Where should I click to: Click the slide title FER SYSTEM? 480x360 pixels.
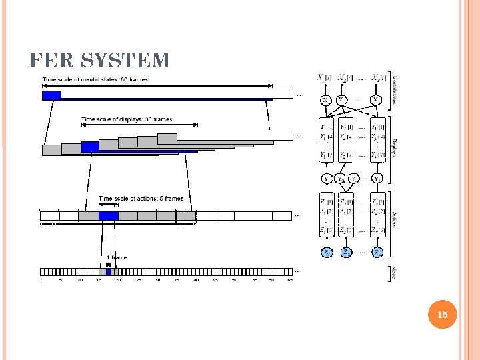click(100, 61)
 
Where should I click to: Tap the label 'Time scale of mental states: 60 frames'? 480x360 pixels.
click(95, 79)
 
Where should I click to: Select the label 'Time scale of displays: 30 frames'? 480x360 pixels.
click(127, 119)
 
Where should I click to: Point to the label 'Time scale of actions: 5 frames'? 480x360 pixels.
click(141, 198)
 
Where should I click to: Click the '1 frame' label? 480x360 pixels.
click(117, 257)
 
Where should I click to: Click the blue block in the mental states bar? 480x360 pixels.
click(51, 95)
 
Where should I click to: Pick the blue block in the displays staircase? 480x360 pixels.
click(89, 146)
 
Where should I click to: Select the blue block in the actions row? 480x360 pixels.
click(108, 215)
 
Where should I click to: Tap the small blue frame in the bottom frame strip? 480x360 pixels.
click(108, 271)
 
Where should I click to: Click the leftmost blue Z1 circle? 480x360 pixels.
click(327, 252)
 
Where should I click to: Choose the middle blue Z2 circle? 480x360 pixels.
click(347, 252)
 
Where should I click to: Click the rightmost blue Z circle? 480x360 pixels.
click(377, 252)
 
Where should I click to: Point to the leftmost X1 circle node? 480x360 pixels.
click(326, 100)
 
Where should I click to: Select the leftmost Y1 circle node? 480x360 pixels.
click(327, 179)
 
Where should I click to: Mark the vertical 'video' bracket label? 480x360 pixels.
click(393, 273)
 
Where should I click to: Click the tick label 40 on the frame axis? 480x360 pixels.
click(196, 280)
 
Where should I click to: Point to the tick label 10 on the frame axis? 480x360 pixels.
click(80, 280)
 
